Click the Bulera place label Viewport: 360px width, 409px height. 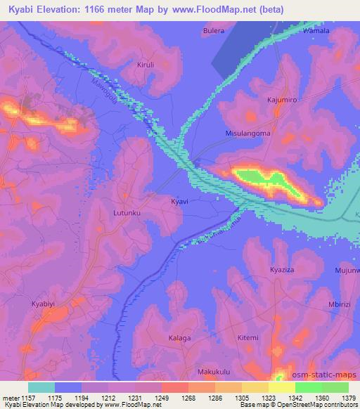(214, 31)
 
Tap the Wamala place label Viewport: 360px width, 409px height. (315, 32)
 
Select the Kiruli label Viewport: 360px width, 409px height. (145, 65)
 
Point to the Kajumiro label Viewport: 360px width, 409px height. (282, 100)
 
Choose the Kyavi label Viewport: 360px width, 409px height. (179, 201)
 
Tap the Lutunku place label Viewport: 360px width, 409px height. (127, 211)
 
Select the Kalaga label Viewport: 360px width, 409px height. (179, 338)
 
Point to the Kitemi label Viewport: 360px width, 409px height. (247, 338)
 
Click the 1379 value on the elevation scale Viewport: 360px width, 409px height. (349, 398)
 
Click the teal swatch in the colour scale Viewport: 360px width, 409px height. (41, 387)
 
